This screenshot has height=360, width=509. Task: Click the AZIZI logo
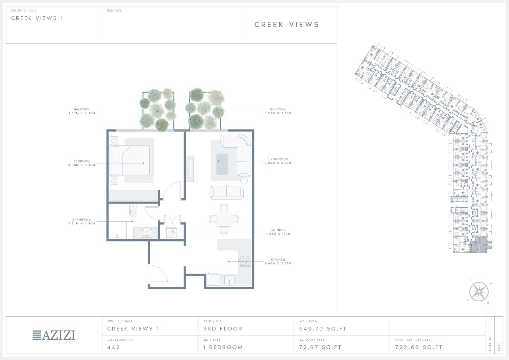(x=54, y=335)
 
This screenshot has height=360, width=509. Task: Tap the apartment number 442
(x=114, y=347)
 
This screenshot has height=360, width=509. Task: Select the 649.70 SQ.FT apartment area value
(x=323, y=329)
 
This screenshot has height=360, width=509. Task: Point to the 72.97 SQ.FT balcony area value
(x=320, y=347)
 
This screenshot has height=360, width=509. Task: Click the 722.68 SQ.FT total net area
(x=418, y=347)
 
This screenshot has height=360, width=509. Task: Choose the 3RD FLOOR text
(x=223, y=329)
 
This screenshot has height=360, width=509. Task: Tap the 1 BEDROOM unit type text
(x=223, y=347)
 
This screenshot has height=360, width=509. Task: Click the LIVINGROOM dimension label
(x=278, y=161)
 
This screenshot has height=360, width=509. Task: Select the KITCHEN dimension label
(x=278, y=261)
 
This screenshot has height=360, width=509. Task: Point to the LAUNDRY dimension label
(x=278, y=232)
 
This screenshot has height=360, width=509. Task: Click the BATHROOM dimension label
(x=81, y=221)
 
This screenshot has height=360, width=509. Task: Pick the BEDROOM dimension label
(x=81, y=163)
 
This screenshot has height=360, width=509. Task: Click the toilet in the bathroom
(x=133, y=210)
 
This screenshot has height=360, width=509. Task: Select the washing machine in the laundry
(x=172, y=232)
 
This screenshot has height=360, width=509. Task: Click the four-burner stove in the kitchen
(x=245, y=261)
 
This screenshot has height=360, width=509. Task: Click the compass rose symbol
(x=479, y=292)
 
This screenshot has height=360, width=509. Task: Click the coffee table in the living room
(x=222, y=164)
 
